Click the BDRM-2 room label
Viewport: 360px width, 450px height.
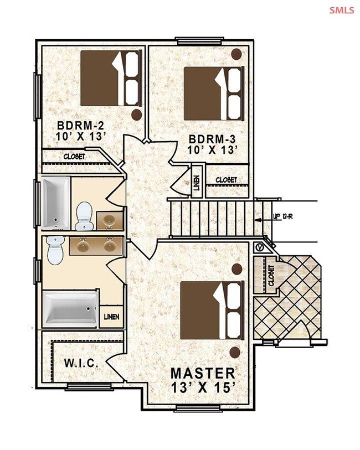pyautogui.click(x=80, y=126)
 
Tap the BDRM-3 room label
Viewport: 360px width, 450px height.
pyautogui.click(x=212, y=139)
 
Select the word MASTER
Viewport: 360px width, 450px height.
pyautogui.click(x=203, y=374)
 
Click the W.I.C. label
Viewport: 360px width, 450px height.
pyautogui.click(x=81, y=363)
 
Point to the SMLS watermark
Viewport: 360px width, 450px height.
pyautogui.click(x=342, y=11)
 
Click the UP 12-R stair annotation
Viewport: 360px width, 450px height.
pyautogui.click(x=283, y=216)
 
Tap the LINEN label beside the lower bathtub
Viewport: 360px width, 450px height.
pyautogui.click(x=111, y=317)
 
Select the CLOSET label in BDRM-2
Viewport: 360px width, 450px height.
pyautogui.click(x=74, y=157)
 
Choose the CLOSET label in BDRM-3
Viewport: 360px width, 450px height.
pyautogui.click(x=226, y=180)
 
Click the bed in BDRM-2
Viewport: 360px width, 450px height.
pyautogui.click(x=111, y=79)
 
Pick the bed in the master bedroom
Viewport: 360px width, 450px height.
pyautogui.click(x=212, y=311)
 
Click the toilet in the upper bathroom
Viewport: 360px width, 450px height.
pyautogui.click(x=84, y=216)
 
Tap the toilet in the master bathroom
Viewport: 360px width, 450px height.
pyautogui.click(x=55, y=250)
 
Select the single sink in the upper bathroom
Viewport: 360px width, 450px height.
pyautogui.click(x=109, y=221)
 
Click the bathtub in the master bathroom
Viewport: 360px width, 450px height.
pyautogui.click(x=71, y=309)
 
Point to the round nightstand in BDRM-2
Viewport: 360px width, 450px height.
pyautogui.click(x=137, y=115)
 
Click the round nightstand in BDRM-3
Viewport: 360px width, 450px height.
pyautogui.click(x=236, y=54)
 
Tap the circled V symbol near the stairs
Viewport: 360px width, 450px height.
pyautogui.click(x=260, y=247)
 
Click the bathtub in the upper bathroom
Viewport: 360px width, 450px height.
pyautogui.click(x=56, y=203)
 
